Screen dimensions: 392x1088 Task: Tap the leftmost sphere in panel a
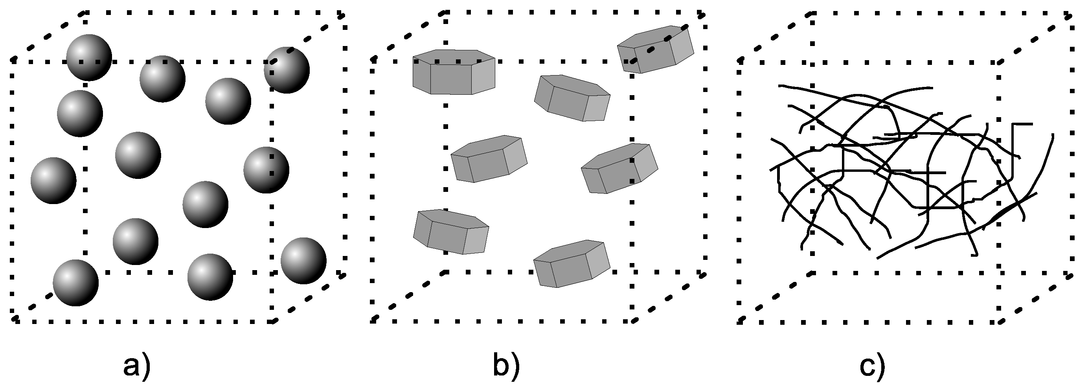pyautogui.click(x=53, y=180)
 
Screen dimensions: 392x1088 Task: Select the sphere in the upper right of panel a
pyautogui.click(x=287, y=70)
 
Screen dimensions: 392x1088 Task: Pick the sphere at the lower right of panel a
pyautogui.click(x=303, y=260)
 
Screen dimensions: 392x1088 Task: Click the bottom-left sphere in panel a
pyautogui.click(x=75, y=283)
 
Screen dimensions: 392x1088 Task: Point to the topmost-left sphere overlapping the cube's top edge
pyautogui.click(x=89, y=57)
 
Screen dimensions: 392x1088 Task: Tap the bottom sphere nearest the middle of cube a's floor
pyautogui.click(x=210, y=277)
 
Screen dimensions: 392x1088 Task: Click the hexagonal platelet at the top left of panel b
pyautogui.click(x=454, y=72)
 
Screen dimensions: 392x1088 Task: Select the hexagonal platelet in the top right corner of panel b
pyautogui.click(x=655, y=50)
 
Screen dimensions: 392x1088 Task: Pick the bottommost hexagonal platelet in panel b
pyautogui.click(x=572, y=264)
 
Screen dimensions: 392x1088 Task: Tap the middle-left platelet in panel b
pyautogui.click(x=489, y=159)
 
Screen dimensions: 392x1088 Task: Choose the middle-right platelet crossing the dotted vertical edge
pyautogui.click(x=619, y=169)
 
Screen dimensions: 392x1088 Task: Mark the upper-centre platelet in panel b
pyautogui.click(x=572, y=98)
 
